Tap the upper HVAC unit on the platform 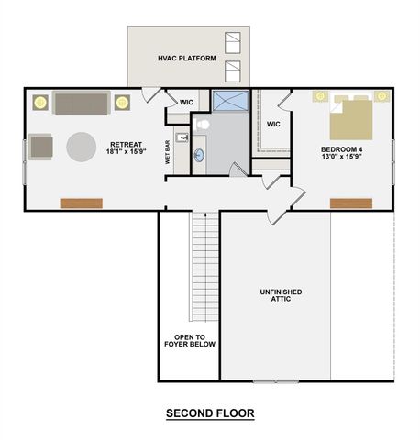232,41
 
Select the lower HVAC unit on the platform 232,71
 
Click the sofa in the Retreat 81,103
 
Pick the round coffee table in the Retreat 80,148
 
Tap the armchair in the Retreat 40,146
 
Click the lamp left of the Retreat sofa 40,102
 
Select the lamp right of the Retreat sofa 122,102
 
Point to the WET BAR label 168,152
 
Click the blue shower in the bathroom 229,101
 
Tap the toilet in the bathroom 204,125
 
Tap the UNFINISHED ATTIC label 274,295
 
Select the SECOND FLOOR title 210,413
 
